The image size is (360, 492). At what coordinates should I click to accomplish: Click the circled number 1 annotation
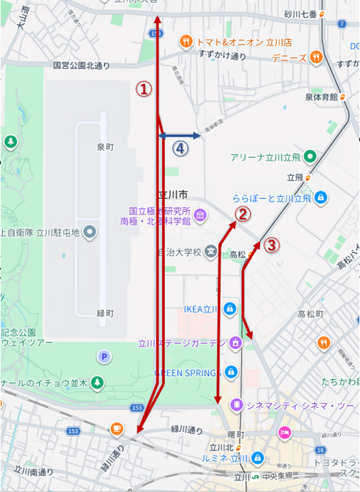pos(143,89)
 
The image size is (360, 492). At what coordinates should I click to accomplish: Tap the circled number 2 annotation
pos(241,215)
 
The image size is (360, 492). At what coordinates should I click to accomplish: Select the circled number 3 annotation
pos(271,245)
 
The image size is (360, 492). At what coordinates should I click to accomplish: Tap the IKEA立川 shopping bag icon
pos(230,308)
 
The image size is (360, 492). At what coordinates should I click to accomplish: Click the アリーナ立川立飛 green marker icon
pos(309,156)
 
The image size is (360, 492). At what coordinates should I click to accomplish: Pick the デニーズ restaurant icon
pos(315,57)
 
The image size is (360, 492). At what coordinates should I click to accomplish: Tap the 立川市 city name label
pos(172,194)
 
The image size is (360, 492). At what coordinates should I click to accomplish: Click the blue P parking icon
pos(105,356)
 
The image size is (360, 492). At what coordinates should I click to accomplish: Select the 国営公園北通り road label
pos(81,66)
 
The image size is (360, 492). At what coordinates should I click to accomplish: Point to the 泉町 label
pos(106,147)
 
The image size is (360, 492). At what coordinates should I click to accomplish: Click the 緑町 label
pos(105,313)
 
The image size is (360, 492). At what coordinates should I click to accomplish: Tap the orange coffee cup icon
pos(116,428)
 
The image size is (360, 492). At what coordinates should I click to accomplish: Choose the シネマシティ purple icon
pos(236,403)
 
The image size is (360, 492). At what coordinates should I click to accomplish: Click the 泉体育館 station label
pos(321,97)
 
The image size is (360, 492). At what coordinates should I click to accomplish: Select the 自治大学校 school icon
pos(212,253)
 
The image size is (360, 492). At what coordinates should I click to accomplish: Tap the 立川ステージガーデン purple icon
pos(236,343)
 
